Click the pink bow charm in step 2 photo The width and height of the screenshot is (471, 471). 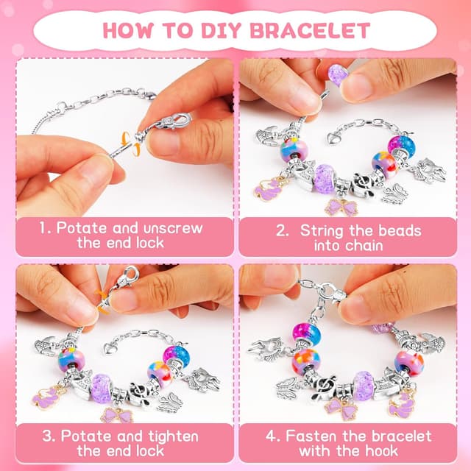pos(342,207)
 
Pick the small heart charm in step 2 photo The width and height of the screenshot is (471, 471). pos(336,138)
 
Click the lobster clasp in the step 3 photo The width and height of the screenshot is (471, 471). pos(129,278)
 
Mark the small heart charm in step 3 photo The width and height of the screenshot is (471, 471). pos(112,347)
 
